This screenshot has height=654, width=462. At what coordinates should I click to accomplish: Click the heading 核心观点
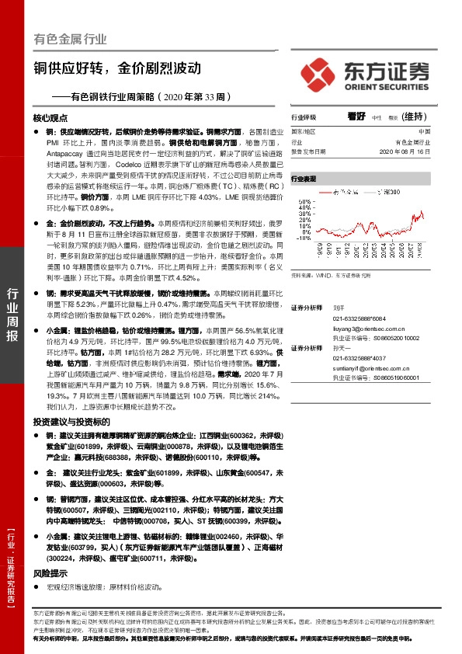coord(51,118)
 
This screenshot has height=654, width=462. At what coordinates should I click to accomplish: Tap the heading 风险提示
coord(47,572)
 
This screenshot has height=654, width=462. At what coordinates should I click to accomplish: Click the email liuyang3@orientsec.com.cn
coord(368,329)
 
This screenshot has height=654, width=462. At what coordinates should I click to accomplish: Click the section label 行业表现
coord(304,178)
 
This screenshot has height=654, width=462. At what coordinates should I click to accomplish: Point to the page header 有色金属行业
coord(71,38)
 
